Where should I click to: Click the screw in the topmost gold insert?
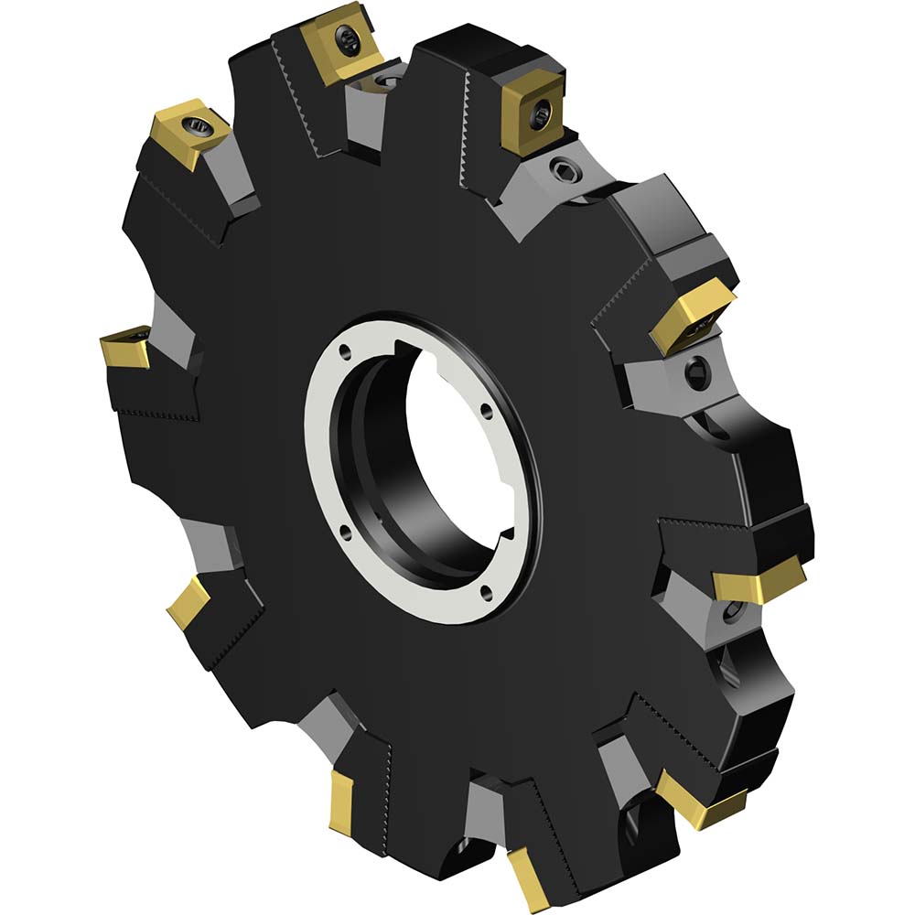349,37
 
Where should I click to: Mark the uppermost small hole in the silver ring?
344,350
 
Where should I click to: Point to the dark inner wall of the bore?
366,457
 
